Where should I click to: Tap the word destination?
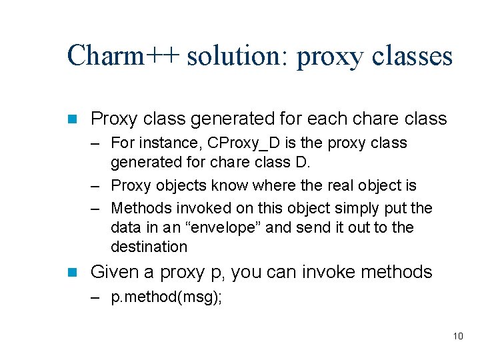tap(149, 247)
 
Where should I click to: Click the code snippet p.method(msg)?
tap(167, 298)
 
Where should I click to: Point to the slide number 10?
tap(457, 336)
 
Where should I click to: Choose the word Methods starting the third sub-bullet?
tap(141, 209)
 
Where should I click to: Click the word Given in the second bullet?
tap(112, 272)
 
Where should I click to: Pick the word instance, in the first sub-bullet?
tap(171, 143)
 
